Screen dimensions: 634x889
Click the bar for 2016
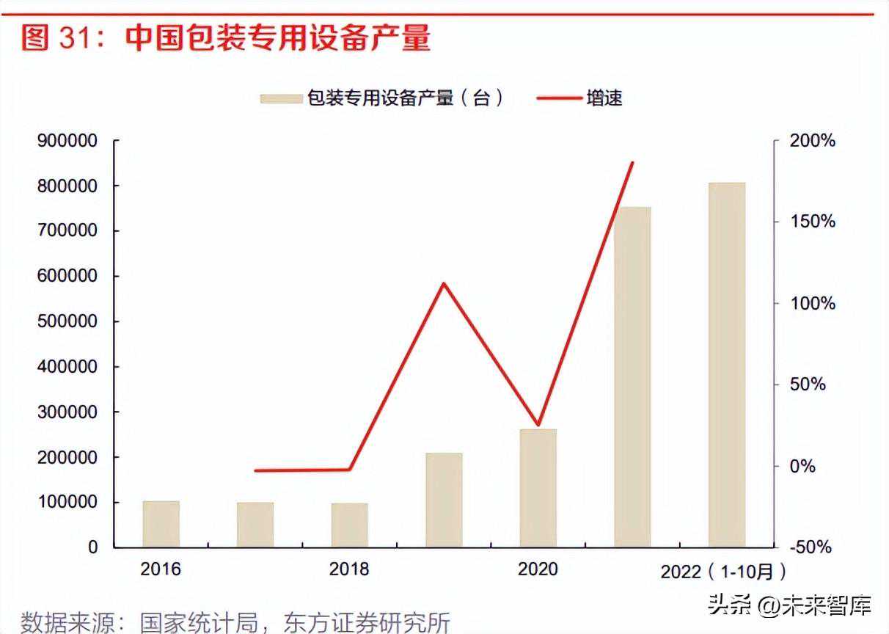coord(161,524)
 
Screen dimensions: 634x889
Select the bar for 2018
coord(349,525)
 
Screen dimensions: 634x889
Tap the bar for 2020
coord(538,488)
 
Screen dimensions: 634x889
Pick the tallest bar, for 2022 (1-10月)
coord(726,365)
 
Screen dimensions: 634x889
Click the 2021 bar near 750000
coord(632,376)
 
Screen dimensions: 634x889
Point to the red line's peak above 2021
coord(632,162)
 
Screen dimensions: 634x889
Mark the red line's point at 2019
coord(444,283)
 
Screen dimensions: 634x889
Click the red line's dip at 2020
coord(538,425)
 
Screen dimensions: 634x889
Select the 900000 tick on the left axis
coord(67,141)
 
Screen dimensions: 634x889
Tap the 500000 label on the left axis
coord(67,321)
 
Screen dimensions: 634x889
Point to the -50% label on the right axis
coord(811,547)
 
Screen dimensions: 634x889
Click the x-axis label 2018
coord(349,569)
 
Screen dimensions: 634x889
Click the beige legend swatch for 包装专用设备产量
coord(281,98)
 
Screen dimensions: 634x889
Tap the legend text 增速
coord(604,98)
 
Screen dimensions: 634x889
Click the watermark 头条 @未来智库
coord(789,606)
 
